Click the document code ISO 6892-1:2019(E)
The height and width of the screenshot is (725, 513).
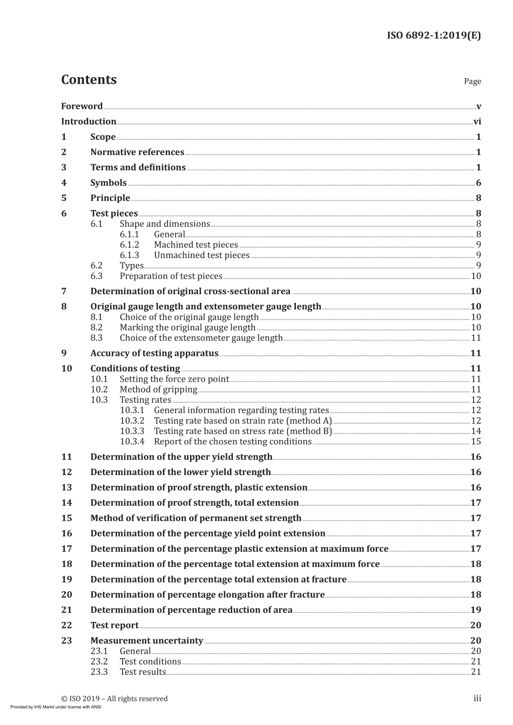point(434,36)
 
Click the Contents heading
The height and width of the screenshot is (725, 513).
point(89,80)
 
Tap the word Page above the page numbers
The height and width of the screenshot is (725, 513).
point(472,82)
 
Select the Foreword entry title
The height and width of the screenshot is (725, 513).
point(82,106)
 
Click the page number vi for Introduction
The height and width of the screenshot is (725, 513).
point(477,121)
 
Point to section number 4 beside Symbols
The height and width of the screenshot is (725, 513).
point(64,183)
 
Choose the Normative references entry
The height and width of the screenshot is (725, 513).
point(137,152)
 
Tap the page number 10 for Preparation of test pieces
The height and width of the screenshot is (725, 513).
point(476,276)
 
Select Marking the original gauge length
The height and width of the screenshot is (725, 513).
point(187,328)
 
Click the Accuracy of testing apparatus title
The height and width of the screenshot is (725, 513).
point(154,354)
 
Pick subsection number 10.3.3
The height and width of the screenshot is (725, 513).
point(132,431)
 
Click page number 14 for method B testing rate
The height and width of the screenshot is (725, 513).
point(476,431)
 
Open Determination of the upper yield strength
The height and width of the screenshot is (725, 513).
point(181,457)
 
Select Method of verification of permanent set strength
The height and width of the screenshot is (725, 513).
point(195,518)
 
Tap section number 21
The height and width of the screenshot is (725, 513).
point(66,610)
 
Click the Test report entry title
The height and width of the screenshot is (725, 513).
point(114,626)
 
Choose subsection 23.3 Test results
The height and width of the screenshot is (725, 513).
point(143,672)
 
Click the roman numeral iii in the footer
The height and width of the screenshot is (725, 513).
point(477,699)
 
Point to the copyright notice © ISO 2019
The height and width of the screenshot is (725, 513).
point(114,699)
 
